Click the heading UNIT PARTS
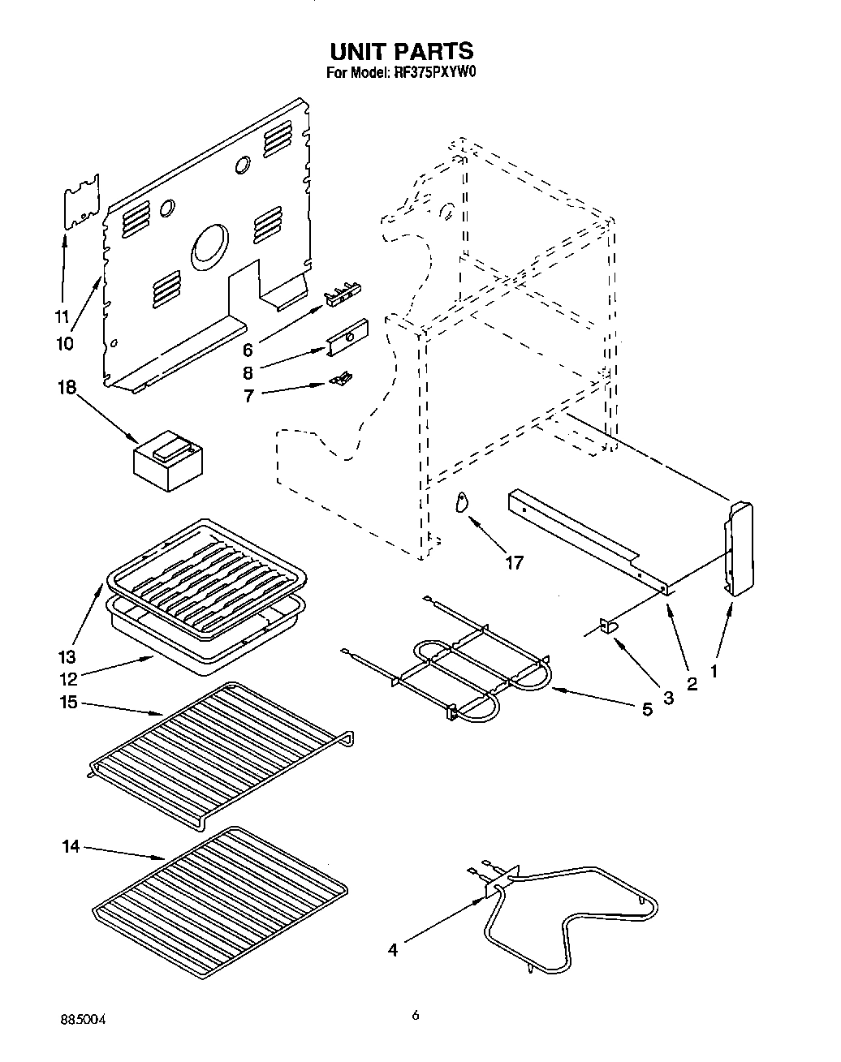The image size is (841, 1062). tap(401, 51)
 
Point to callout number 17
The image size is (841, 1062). tap(514, 561)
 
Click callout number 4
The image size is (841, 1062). tap(393, 949)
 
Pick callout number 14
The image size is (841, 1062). tap(71, 846)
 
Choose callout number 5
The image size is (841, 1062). tap(647, 708)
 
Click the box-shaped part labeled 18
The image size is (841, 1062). tap(166, 462)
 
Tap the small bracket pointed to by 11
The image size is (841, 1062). tap(81, 200)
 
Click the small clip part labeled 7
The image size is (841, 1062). tap(342, 378)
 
